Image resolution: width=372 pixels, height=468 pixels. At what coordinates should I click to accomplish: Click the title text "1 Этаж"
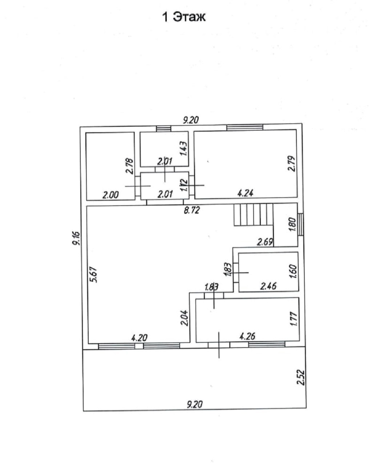pyautogui.click(x=183, y=17)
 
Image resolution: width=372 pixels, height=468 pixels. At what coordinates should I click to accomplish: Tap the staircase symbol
pyautogui.click(x=253, y=214)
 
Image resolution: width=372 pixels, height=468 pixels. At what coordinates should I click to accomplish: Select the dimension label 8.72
pyautogui.click(x=191, y=210)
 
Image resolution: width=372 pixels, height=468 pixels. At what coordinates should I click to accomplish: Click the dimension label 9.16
pyautogui.click(x=76, y=239)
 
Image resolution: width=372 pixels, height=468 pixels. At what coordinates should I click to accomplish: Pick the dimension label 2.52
pyautogui.click(x=300, y=378)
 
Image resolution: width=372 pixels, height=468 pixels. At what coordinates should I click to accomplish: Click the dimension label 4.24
pyautogui.click(x=245, y=194)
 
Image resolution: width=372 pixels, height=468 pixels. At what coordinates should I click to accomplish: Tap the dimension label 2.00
pyautogui.click(x=110, y=195)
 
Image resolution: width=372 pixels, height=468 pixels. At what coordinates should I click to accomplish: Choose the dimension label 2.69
pyautogui.click(x=265, y=242)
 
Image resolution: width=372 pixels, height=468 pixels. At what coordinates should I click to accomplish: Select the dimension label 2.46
pyautogui.click(x=268, y=286)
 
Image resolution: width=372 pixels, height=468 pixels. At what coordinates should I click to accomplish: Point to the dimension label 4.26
pyautogui.click(x=247, y=336)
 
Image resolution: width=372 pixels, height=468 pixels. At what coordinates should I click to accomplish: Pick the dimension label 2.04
pyautogui.click(x=184, y=317)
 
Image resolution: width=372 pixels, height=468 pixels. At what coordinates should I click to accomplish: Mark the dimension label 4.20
pyautogui.click(x=139, y=338)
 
